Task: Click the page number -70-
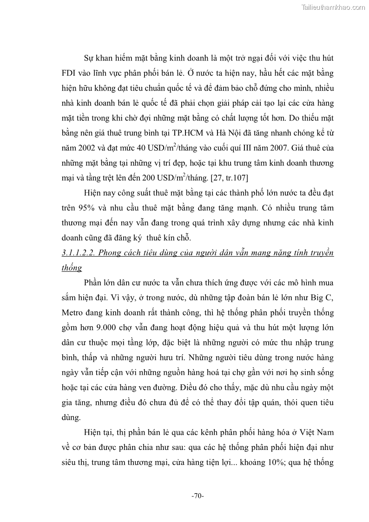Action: (x=198, y=496)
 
